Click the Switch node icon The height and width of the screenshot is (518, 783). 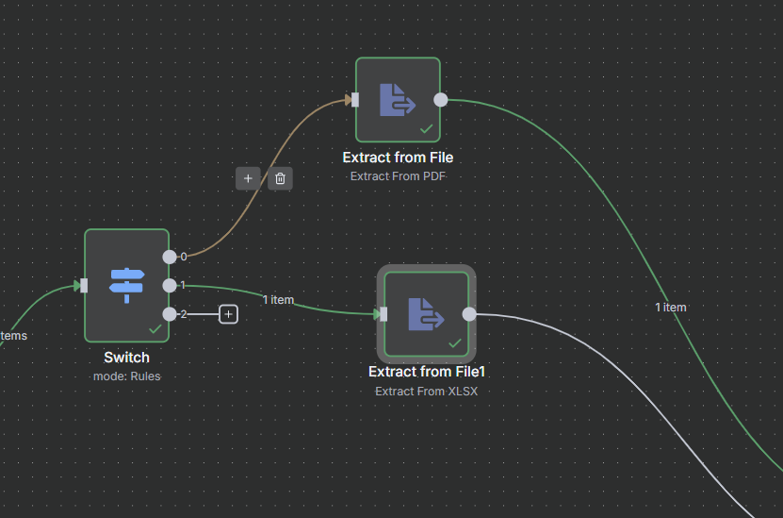127,285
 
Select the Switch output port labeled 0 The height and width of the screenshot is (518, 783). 170,256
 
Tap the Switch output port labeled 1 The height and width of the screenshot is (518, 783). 170,285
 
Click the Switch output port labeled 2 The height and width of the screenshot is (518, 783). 170,314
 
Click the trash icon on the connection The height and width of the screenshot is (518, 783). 280,177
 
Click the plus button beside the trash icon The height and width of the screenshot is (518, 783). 248,177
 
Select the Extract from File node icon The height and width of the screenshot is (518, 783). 398,99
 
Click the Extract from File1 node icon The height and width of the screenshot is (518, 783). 426,314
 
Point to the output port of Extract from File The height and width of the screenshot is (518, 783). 441,99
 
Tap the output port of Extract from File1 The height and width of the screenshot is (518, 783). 469,314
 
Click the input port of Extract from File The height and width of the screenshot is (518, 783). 354,99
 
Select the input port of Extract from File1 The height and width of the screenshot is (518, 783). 383,314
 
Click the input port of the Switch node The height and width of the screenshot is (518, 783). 84,285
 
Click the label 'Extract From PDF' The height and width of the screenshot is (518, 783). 398,175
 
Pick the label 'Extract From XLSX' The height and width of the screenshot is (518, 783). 426,391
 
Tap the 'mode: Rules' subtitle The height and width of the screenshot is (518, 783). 126,376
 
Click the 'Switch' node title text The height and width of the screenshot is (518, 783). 126,358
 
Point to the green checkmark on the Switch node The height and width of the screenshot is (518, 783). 155,328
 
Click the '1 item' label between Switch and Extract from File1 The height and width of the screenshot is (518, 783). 278,300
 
